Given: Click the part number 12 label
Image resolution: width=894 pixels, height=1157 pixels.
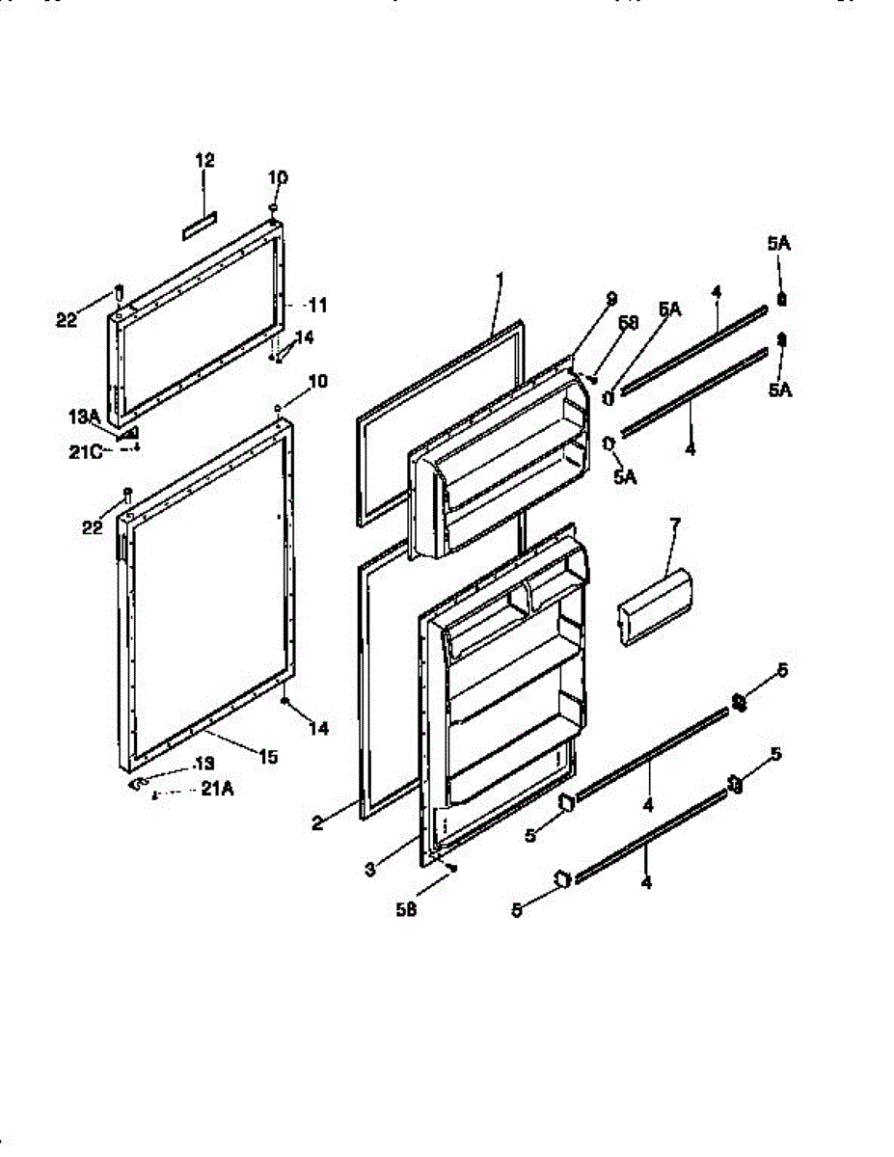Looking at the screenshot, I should coord(204,161).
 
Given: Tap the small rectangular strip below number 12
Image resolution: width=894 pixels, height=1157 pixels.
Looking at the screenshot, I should coord(201,225).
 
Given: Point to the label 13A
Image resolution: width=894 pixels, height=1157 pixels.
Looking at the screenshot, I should coord(85,416).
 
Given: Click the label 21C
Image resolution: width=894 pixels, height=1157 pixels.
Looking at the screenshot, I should coord(84,447).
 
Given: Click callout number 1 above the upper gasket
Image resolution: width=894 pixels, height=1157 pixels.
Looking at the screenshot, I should coord(500,280).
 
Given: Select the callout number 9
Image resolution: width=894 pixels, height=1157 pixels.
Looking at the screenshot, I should coord(611,299).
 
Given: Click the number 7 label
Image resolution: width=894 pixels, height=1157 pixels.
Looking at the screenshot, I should coord(674,524).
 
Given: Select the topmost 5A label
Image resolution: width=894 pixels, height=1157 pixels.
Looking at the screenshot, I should coord(779,246).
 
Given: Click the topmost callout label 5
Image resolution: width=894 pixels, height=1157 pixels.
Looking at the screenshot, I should coord(781,670).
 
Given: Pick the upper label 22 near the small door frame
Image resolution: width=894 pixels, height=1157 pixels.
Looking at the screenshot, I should coord(66,320).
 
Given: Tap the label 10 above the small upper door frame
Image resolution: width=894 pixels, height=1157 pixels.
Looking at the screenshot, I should coord(278,177).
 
